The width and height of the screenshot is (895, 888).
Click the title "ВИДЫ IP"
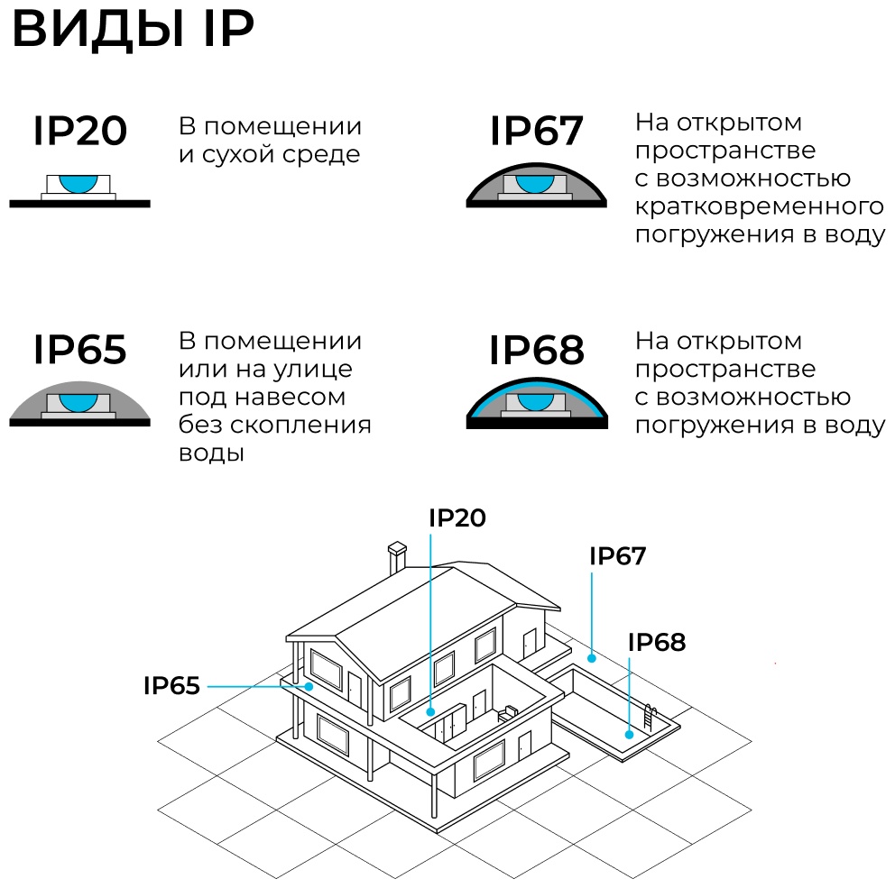[x=133, y=29]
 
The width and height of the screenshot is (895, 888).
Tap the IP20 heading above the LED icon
[x=80, y=131]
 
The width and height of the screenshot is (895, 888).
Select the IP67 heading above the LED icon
[x=537, y=131]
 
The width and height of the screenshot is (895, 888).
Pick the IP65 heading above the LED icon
[x=80, y=349]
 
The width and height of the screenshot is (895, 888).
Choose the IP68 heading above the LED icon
[x=537, y=349]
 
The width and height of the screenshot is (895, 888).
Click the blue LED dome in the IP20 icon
[x=78, y=183]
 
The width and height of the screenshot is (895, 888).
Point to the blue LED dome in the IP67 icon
[x=535, y=183]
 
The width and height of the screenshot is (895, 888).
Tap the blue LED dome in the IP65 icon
[x=78, y=401]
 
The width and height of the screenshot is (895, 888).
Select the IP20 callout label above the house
[x=457, y=517]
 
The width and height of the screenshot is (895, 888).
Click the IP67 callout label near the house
[x=618, y=556]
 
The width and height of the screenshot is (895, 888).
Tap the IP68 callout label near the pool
[x=657, y=642]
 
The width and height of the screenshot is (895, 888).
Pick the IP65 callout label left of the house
[x=171, y=685]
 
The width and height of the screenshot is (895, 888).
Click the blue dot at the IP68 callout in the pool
[x=629, y=735]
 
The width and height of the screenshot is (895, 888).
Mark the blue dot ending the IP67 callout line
[x=592, y=658]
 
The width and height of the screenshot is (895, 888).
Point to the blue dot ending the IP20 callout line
[x=430, y=712]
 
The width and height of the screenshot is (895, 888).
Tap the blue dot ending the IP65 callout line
[x=309, y=687]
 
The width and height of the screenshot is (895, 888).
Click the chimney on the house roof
[x=397, y=557]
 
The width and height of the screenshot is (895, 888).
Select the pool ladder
[x=650, y=718]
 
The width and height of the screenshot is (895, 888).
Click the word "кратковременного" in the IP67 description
[x=759, y=206]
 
